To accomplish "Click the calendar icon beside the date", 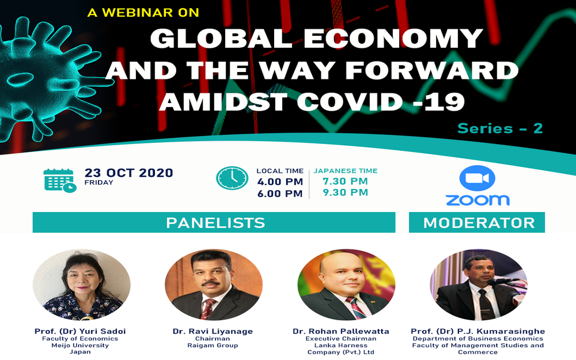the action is pyautogui.click(x=60, y=180).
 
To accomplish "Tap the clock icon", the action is pyautogui.click(x=232, y=178).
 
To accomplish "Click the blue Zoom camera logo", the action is pyautogui.click(x=477, y=178).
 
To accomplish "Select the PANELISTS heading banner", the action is pyautogui.click(x=214, y=222).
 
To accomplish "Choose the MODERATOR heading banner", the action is pyautogui.click(x=477, y=222).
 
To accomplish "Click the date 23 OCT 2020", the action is pyautogui.click(x=128, y=173).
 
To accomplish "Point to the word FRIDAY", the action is pyautogui.click(x=99, y=183).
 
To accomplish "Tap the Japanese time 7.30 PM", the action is pyautogui.click(x=345, y=181).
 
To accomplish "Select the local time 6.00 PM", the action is pyautogui.click(x=280, y=194).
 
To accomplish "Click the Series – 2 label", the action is pyautogui.click(x=500, y=128).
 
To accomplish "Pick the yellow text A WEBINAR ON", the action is pyautogui.click(x=143, y=13).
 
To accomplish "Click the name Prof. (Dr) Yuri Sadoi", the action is pyautogui.click(x=80, y=331).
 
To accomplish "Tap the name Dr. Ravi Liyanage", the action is pyautogui.click(x=213, y=331).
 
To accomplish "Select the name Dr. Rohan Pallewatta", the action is pyautogui.click(x=341, y=331).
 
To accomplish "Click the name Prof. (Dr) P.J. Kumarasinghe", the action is pyautogui.click(x=478, y=331).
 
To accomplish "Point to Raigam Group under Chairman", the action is pyautogui.click(x=213, y=345).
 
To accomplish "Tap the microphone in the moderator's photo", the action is pyautogui.click(x=503, y=282).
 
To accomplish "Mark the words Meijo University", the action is pyautogui.click(x=80, y=345).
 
